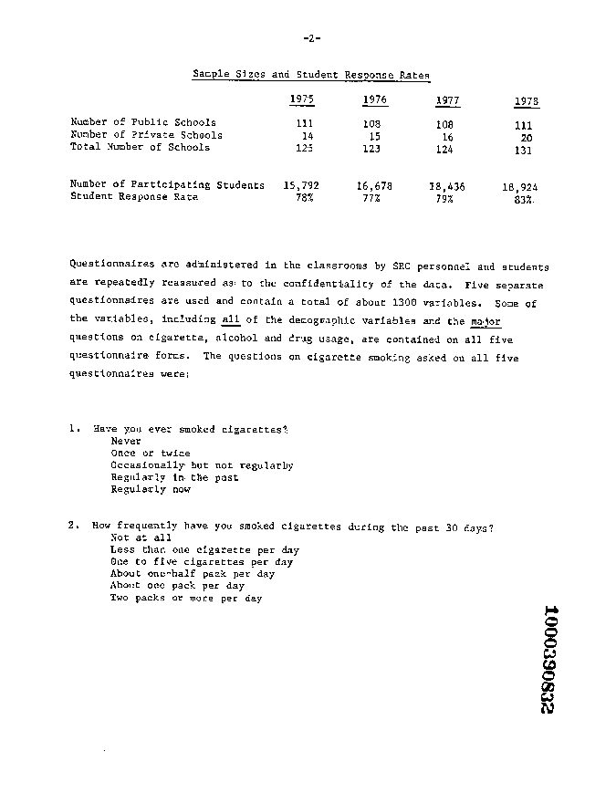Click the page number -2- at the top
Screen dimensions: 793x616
[309, 38]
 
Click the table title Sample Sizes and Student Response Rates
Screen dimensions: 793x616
[311, 75]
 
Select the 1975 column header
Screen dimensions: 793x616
[301, 99]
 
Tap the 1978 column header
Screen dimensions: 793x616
[526, 101]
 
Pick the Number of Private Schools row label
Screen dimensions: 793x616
[146, 134]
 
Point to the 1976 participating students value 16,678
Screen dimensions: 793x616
[375, 185]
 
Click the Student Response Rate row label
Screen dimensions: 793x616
[133, 196]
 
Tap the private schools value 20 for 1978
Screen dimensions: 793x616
[526, 139]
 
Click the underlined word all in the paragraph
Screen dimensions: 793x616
[230, 319]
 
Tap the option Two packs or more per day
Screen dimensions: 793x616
[186, 599]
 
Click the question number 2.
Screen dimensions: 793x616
[72, 526]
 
